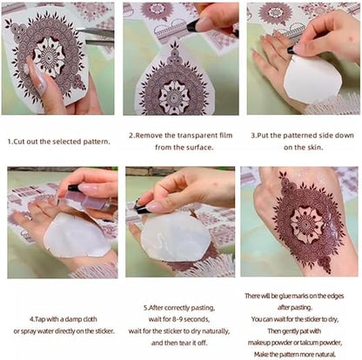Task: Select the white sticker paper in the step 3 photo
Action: click(312, 77)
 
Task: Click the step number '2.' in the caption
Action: click(131, 136)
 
